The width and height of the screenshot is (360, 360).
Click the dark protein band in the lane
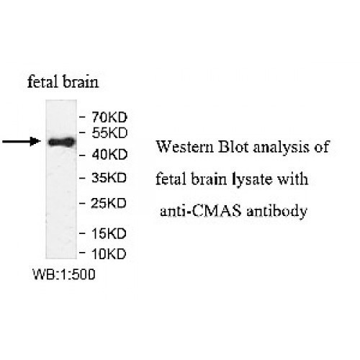[x=62, y=142]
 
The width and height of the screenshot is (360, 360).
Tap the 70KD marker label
[x=109, y=116]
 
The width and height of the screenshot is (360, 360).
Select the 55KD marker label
[x=109, y=133]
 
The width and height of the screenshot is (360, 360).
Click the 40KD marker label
[x=109, y=154]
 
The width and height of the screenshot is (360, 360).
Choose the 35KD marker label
[x=109, y=177]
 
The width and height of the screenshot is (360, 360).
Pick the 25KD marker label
[x=109, y=204]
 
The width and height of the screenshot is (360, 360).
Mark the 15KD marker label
[x=109, y=234]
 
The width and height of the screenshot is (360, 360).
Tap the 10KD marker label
[x=109, y=253]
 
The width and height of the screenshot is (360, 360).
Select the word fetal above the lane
[x=40, y=82]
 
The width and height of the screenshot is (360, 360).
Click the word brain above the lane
[x=81, y=82]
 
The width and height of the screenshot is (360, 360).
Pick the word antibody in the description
[x=266, y=212]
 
